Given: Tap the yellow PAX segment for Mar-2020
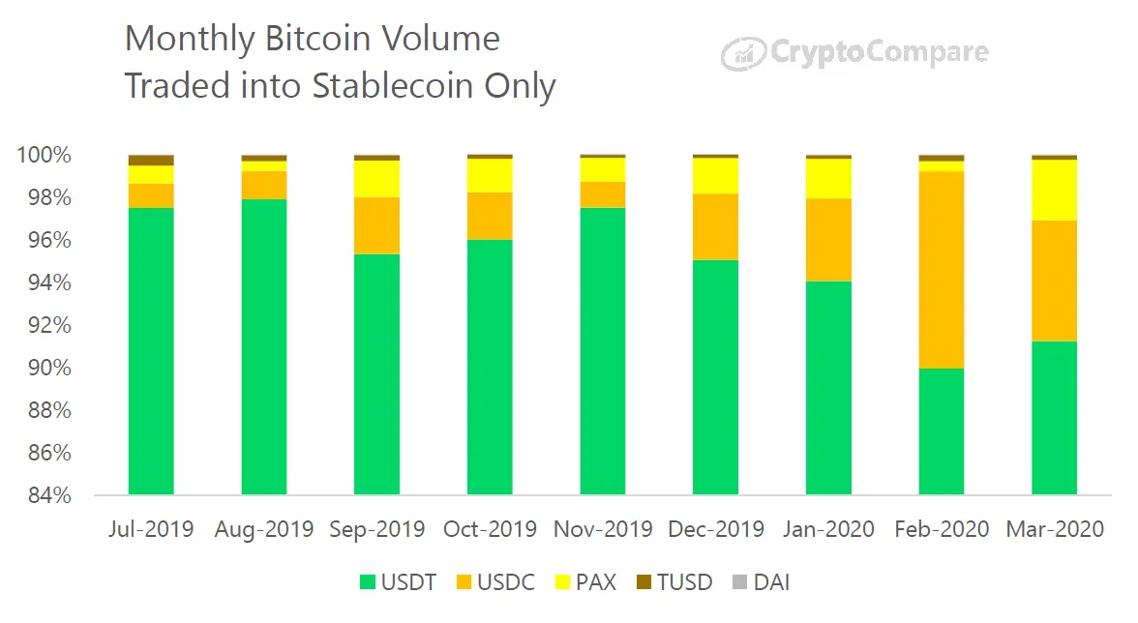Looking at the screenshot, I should [x=1054, y=190].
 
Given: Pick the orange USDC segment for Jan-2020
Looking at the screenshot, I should [x=828, y=240].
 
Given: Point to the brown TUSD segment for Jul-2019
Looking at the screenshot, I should [x=151, y=160].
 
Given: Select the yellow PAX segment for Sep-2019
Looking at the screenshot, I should [x=376, y=179].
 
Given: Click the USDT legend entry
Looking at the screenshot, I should [x=398, y=582].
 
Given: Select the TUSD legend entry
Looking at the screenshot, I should [x=674, y=582].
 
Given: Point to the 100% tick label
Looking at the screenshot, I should [x=44, y=155].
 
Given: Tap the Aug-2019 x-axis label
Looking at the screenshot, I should [x=264, y=529].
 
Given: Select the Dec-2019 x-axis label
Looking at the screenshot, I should [x=715, y=529].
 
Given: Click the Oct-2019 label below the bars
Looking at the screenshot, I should [x=490, y=529].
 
